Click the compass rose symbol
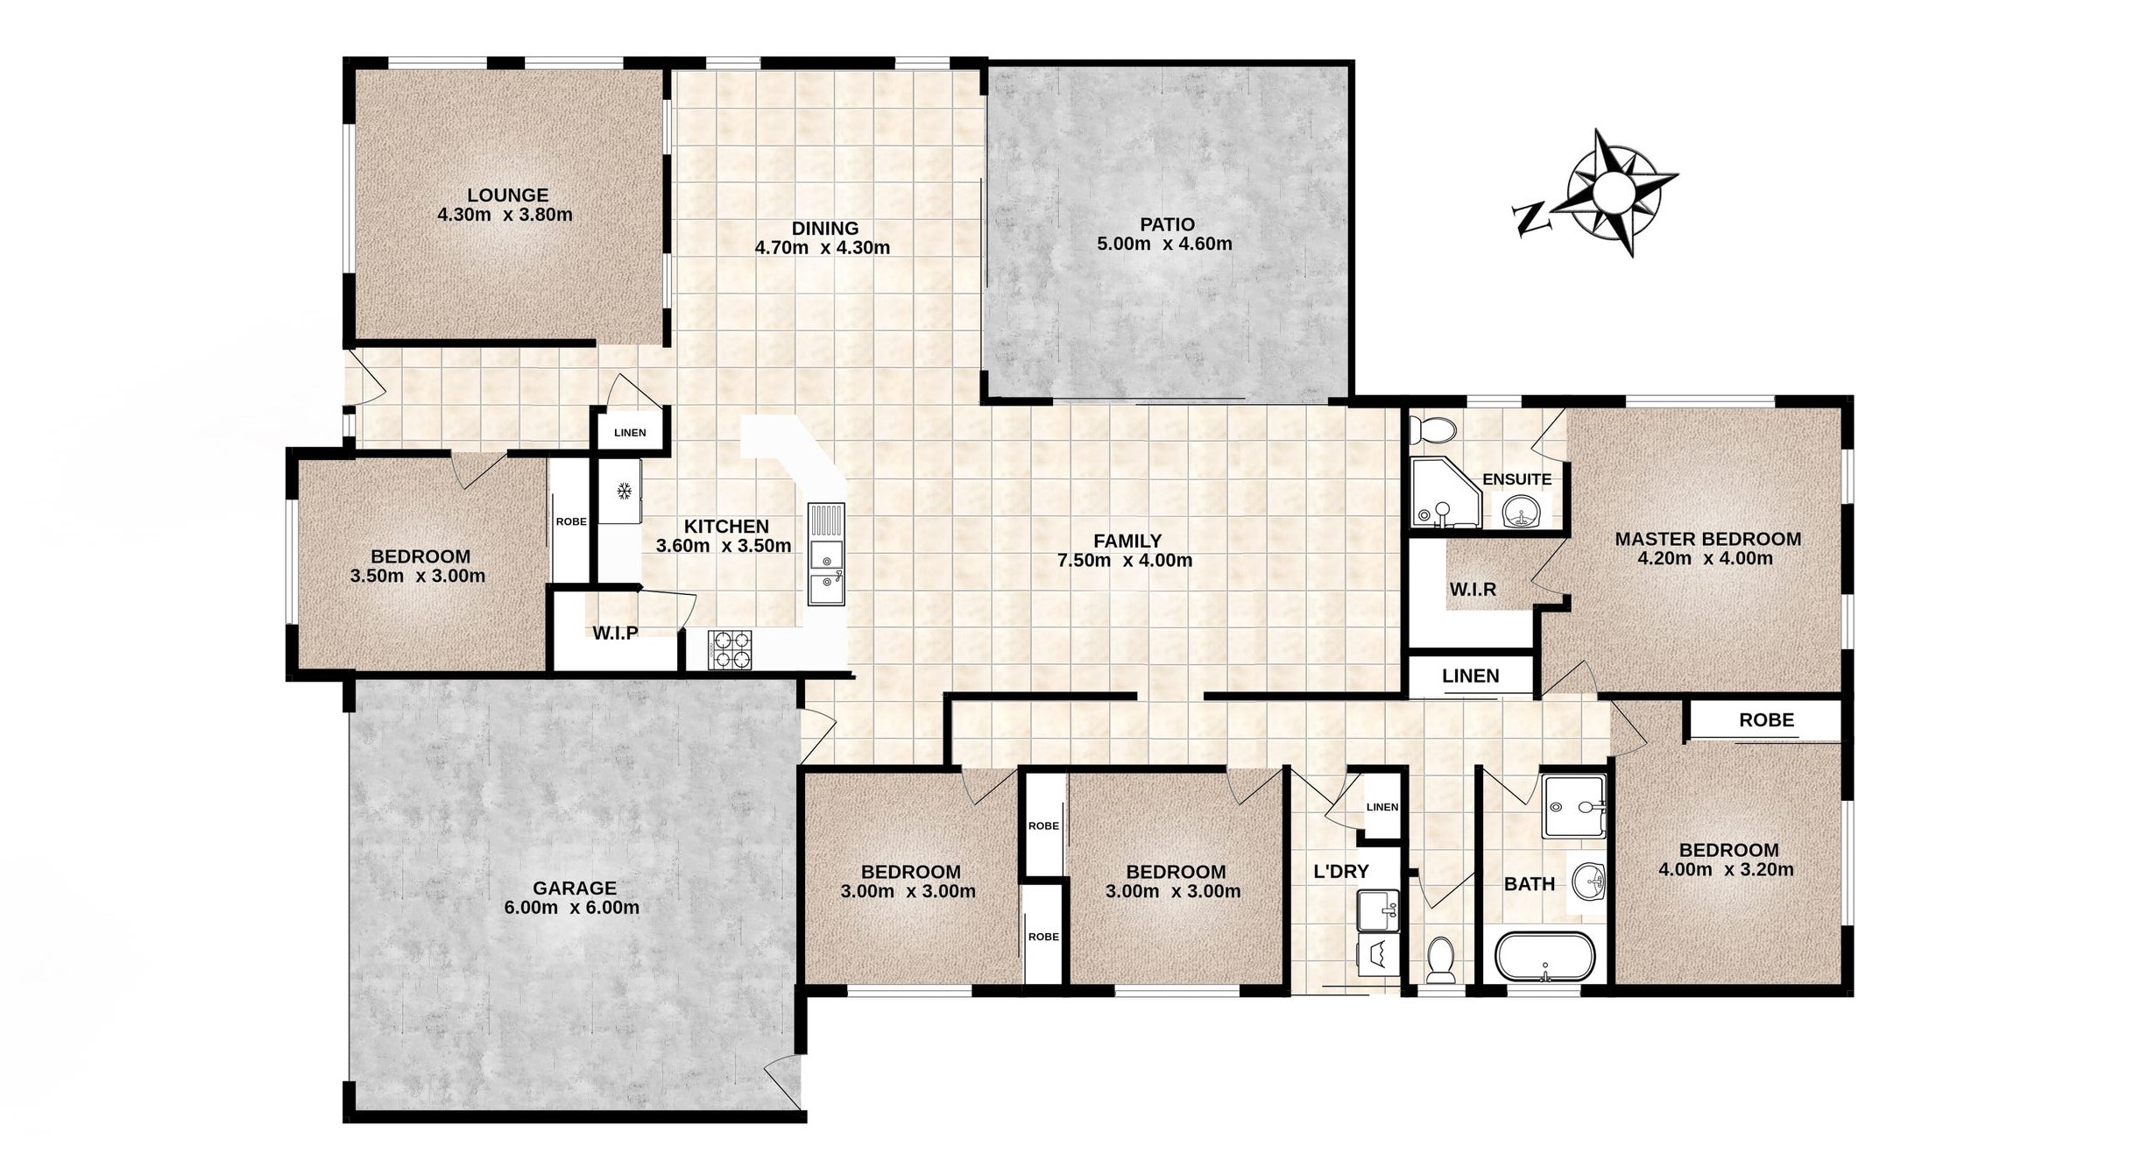pos(1610,193)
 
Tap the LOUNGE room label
pos(507,195)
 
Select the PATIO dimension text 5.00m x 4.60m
pos(1164,244)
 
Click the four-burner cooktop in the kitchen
pos(729,650)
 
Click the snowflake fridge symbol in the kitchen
pos(625,492)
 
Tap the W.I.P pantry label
pos(615,633)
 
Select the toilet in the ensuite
pos(1433,430)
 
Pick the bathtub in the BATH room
pos(1544,957)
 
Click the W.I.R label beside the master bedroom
pos(1473,590)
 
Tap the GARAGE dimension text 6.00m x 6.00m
pos(571,908)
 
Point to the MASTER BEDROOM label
pos(1707,539)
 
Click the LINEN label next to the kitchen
pos(630,433)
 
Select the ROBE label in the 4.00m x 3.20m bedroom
pos(1766,719)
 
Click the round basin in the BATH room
pos(1588,880)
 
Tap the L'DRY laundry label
pos(1340,871)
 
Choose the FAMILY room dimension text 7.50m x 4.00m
pos(1125,561)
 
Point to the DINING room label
pos(824,229)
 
